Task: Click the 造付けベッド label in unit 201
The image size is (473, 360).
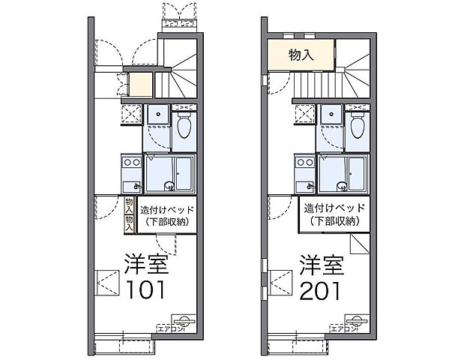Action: [x=335, y=208]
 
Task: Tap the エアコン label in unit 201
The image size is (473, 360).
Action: [x=345, y=328]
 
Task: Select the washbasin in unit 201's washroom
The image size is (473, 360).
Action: [x=330, y=115]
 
